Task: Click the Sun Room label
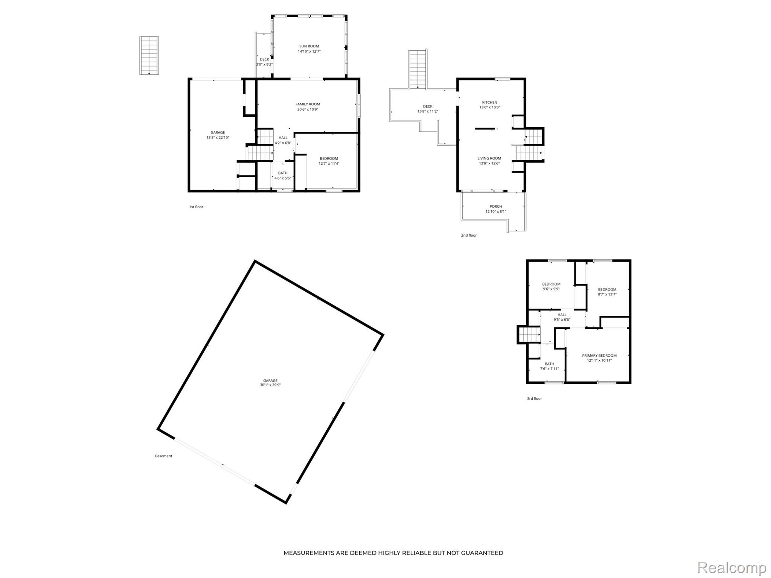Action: [309, 46]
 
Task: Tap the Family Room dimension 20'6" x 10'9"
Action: [308, 110]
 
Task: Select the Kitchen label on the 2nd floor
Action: [490, 102]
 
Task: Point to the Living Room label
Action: [489, 158]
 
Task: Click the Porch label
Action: [496, 207]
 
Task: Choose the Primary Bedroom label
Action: [599, 356]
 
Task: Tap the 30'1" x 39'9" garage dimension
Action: [270, 385]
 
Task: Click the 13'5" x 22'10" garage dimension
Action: [218, 138]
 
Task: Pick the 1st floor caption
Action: [196, 207]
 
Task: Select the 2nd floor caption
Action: [469, 236]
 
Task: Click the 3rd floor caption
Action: [535, 399]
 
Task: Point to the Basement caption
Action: [163, 456]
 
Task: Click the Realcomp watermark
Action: [732, 568]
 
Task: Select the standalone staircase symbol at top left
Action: [149, 55]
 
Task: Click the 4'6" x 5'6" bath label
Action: [283, 178]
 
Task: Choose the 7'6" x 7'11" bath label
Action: [550, 369]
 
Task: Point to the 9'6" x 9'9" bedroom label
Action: [551, 289]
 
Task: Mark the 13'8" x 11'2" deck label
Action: [428, 111]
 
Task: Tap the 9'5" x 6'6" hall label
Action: [562, 320]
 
